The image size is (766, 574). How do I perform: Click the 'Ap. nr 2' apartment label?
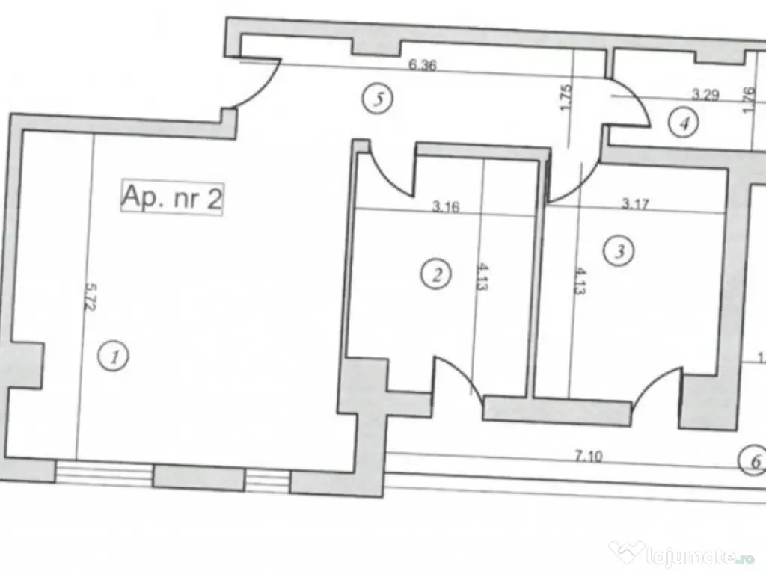(172, 199)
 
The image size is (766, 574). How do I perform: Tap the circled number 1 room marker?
(114, 356)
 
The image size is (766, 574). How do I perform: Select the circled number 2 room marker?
(436, 273)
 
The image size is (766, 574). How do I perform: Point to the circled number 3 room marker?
(619, 250)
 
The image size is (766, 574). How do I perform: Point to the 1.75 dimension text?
(566, 98)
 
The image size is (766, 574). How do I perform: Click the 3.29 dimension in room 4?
(705, 95)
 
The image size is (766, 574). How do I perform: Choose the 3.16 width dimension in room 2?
(445, 207)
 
